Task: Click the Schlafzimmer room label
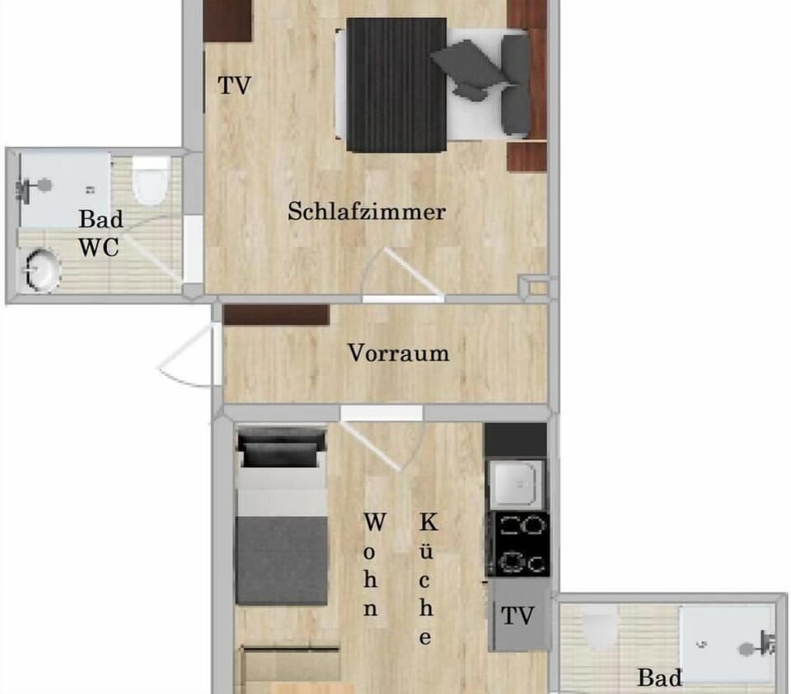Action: (367, 212)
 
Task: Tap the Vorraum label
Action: (399, 354)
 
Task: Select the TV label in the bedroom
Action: (234, 86)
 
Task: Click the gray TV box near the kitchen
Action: (518, 616)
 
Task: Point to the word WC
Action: (99, 246)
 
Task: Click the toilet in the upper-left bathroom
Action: (150, 182)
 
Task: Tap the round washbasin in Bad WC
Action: (40, 271)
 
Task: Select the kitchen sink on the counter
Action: (516, 484)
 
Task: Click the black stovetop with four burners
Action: (518, 543)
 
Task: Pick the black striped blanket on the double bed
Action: (395, 85)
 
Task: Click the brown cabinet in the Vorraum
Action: (276, 315)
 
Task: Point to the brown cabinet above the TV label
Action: (227, 21)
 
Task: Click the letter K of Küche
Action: (428, 522)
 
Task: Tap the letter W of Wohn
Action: (375, 522)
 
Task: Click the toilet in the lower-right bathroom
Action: (600, 631)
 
